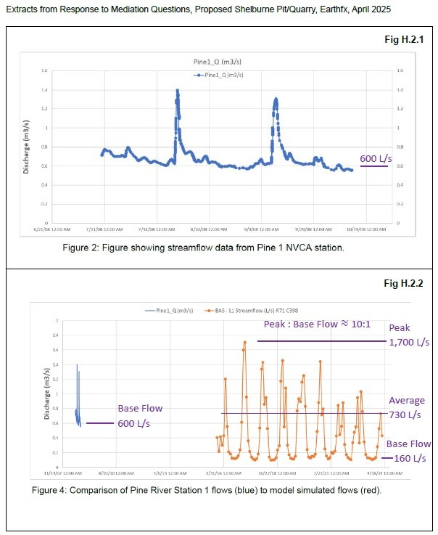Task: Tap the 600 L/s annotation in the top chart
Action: click(375, 158)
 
